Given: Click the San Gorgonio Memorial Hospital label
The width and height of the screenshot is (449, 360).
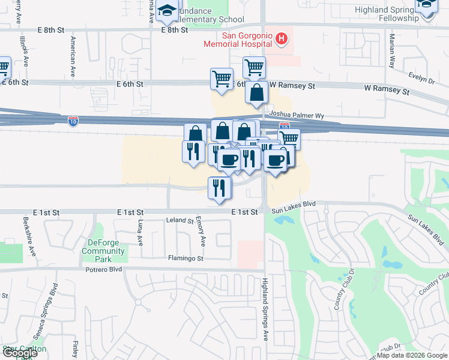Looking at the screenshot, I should tap(238, 40).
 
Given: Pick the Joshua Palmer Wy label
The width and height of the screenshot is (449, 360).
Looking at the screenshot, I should tap(297, 114).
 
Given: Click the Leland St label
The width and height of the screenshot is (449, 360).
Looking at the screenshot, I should tap(180, 221).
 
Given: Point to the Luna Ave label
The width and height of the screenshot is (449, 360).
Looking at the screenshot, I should tap(140, 232).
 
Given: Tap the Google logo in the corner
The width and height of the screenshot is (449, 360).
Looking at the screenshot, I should tap(20, 353).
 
